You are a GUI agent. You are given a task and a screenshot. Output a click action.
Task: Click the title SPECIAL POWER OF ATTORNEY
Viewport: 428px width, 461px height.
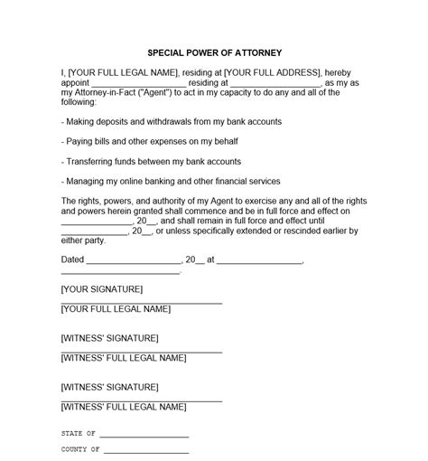[213, 52]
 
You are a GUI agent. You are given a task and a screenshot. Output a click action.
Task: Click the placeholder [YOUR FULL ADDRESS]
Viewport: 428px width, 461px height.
[271, 71]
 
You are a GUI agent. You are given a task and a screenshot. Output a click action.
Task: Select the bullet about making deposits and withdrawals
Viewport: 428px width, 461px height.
[172, 121]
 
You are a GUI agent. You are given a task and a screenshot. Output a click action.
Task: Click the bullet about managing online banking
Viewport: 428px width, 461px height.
[170, 181]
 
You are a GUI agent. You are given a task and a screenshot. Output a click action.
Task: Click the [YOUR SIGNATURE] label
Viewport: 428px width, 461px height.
[102, 289]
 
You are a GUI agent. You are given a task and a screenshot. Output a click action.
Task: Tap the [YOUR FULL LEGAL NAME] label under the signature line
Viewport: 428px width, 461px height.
[116, 309]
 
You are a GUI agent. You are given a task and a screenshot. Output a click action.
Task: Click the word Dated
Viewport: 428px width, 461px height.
[71, 259]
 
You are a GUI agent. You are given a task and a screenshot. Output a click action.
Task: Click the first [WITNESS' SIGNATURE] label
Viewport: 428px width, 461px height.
[109, 338]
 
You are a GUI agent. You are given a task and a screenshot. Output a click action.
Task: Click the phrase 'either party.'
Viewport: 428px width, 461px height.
[83, 240]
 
